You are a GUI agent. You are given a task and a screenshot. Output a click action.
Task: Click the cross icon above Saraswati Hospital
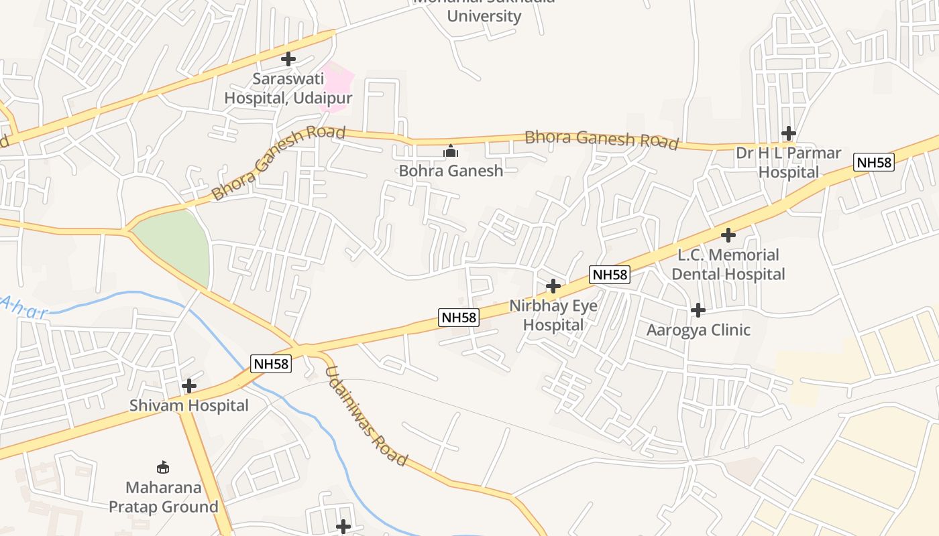coord(288,59)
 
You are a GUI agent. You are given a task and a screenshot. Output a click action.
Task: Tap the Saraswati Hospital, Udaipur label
coord(288,88)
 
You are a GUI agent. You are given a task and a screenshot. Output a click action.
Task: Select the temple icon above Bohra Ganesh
coord(451,151)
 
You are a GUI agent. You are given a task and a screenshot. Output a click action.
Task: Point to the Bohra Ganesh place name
coord(451,171)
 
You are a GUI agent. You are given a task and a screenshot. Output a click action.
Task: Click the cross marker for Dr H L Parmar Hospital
coord(789,133)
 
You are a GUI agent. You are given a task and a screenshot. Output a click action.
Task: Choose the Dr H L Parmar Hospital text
coord(789,163)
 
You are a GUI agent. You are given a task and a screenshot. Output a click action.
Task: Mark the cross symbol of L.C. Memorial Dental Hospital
coord(728,235)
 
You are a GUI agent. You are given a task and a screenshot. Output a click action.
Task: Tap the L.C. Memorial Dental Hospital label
coord(728,265)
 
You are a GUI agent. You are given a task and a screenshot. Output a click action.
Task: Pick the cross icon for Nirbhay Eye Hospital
coord(553,287)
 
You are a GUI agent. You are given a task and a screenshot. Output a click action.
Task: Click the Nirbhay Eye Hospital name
coord(553,316)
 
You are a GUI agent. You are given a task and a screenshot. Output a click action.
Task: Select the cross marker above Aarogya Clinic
coord(698,310)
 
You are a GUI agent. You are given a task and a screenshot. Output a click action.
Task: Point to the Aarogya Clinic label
coord(698,330)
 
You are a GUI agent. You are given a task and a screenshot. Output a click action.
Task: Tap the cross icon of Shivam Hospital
coord(189,386)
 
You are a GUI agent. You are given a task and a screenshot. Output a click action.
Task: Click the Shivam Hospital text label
coord(189,406)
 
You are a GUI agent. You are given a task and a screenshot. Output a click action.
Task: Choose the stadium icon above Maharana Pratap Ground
coord(163,467)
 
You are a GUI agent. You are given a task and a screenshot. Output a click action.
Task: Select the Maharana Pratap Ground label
coord(163,496)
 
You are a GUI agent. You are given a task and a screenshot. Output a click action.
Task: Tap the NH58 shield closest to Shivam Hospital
coord(271,364)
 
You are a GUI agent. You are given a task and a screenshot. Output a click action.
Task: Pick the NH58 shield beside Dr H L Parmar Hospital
coord(874,162)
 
